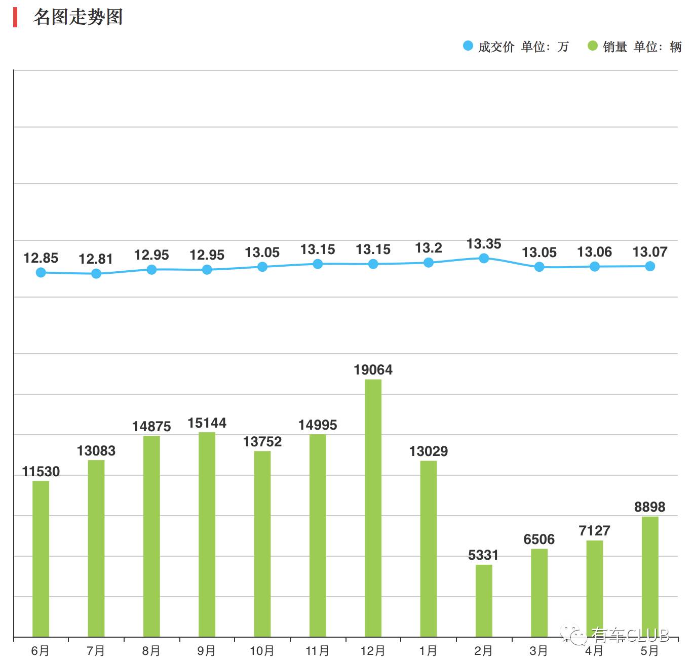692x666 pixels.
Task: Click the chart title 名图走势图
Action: point(78,17)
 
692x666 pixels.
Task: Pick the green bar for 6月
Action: point(41,559)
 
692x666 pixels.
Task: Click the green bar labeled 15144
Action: point(207,534)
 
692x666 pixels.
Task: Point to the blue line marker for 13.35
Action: point(484,258)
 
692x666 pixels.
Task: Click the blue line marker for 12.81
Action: point(96,274)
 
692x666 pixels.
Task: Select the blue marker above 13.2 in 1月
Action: point(429,263)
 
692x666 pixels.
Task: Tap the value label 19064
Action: point(373,370)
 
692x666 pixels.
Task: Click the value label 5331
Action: point(483,555)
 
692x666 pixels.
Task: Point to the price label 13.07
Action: point(650,252)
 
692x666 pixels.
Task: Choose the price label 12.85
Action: point(41,258)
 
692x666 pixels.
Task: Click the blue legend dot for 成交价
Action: point(468,46)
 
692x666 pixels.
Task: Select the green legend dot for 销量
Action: point(593,46)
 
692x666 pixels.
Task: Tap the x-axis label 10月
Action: point(262,651)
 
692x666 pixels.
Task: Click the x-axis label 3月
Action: point(539,651)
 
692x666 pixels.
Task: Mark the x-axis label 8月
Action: point(151,651)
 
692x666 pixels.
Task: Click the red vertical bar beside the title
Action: point(16,17)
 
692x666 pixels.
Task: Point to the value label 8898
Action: point(650,507)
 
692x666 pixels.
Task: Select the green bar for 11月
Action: point(318,535)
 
